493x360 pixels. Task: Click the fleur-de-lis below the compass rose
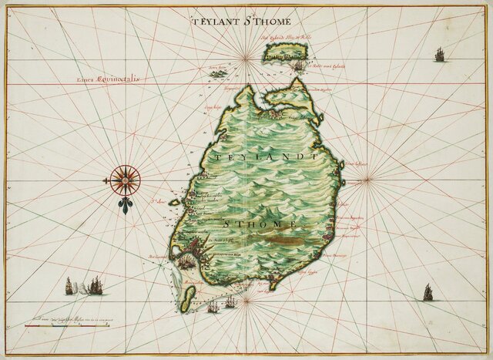click(123, 205)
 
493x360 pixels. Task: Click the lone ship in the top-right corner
click(440, 54)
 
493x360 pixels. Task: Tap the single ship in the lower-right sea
click(428, 293)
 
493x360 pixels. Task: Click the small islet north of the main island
click(284, 52)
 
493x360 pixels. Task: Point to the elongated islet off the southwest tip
click(189, 291)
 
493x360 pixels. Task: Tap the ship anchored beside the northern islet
click(297, 67)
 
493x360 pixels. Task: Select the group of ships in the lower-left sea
click(85, 286)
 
